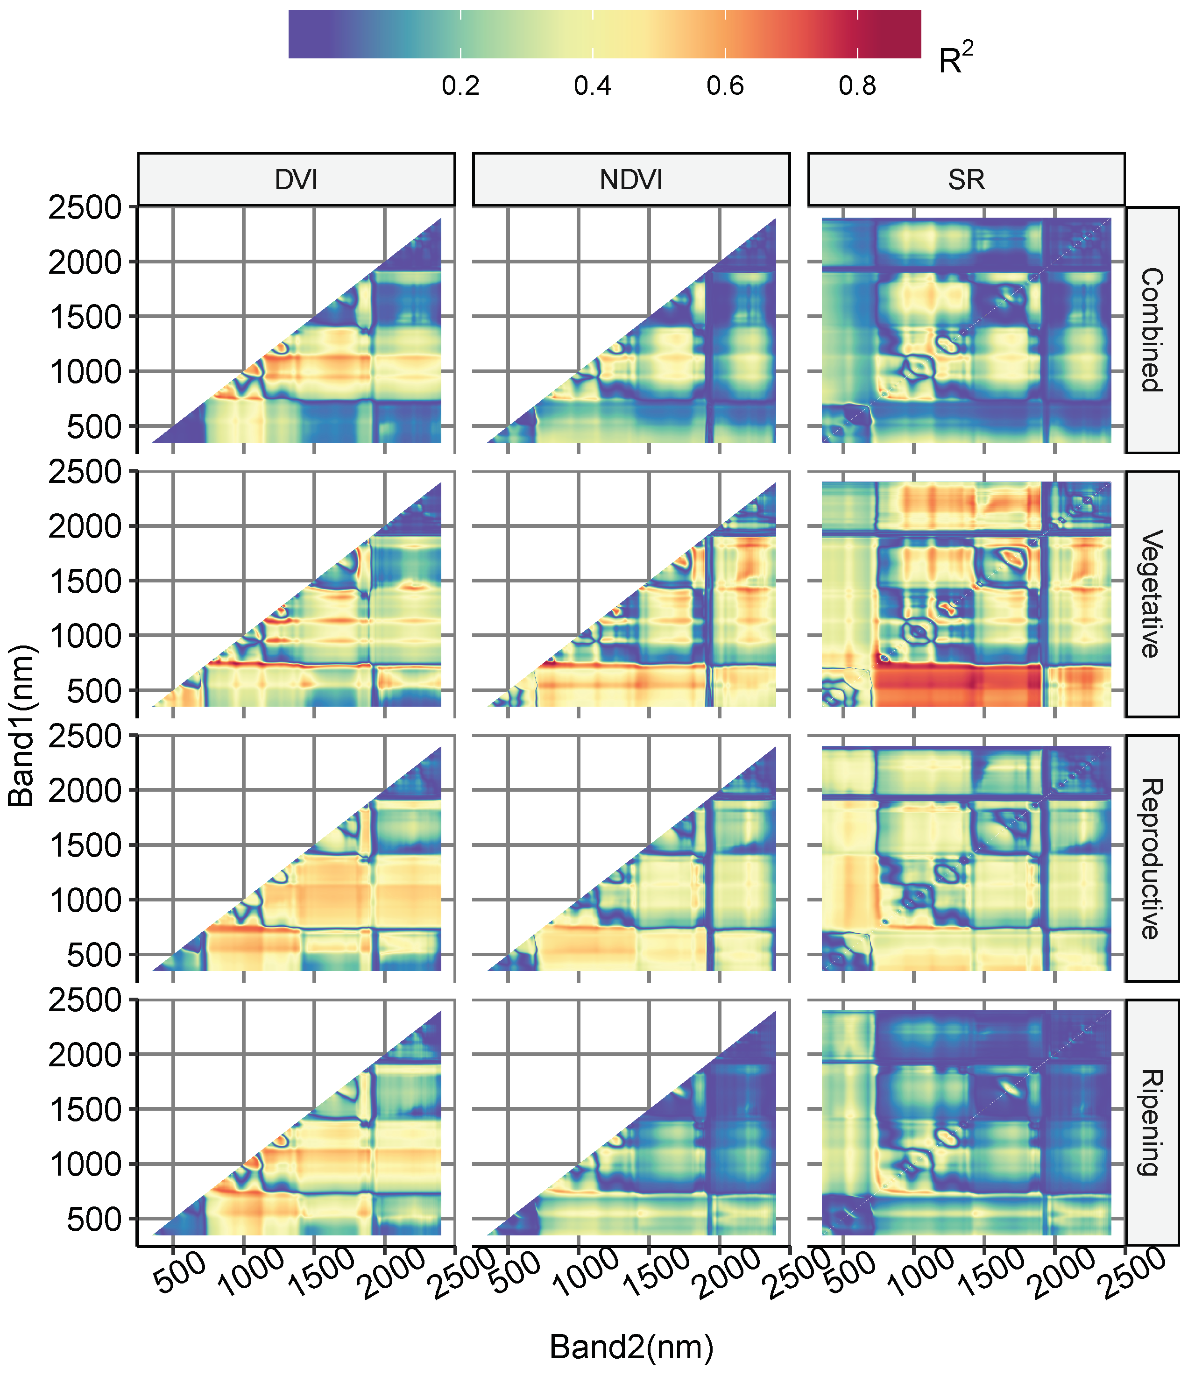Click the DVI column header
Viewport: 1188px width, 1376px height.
296,180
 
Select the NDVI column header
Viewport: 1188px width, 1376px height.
631,180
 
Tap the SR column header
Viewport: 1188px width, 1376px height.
966,180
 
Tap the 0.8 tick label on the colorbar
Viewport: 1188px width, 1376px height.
857,86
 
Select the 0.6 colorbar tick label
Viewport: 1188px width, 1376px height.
725,86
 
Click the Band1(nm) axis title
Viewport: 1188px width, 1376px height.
21,725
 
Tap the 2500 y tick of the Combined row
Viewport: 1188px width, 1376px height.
85,208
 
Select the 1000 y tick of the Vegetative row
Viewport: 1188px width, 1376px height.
85,636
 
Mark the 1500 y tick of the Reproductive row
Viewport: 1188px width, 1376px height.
85,845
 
